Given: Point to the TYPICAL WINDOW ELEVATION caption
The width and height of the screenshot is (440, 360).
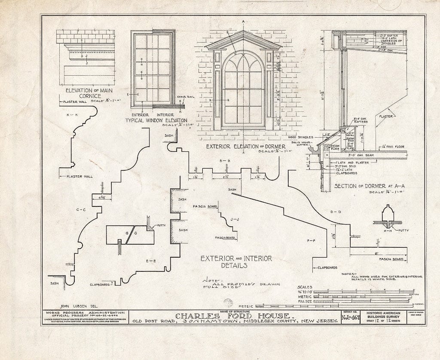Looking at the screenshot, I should pos(156,120).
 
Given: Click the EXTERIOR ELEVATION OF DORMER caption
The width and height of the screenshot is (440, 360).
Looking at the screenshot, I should pos(242,147).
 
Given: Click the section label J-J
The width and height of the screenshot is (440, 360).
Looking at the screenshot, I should pos(234,218).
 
